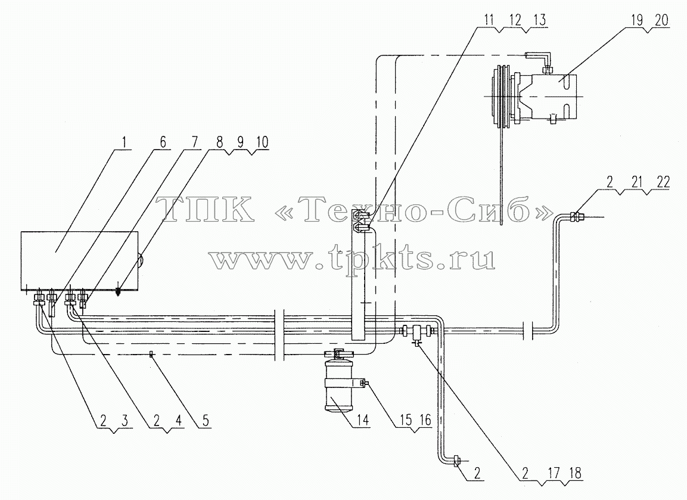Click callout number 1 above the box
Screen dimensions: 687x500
click(x=124, y=142)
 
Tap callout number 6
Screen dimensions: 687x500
click(x=163, y=142)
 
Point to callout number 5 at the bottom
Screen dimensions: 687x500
click(x=206, y=421)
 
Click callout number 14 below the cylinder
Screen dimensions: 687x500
click(x=363, y=421)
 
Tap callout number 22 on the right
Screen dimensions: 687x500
click(x=663, y=182)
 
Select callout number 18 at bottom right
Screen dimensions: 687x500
click(x=575, y=473)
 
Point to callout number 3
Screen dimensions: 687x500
click(x=125, y=421)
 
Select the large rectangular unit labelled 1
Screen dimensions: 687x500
click(x=79, y=261)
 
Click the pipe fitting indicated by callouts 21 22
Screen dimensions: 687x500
click(x=576, y=216)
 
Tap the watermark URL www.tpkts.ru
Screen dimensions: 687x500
click(x=352, y=259)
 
